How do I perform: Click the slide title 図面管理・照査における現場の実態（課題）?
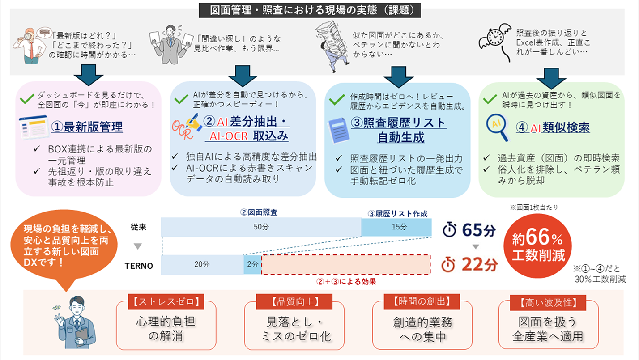point(310,10)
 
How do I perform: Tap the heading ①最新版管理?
point(87,127)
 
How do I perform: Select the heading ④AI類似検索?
point(553,127)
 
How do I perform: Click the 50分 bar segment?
point(261,227)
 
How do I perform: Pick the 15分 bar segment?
point(396,227)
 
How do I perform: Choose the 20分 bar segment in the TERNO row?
point(202,264)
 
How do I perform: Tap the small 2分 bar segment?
point(252,264)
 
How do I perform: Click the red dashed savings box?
point(346,264)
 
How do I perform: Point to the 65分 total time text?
point(479,230)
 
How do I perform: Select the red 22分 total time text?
point(480,264)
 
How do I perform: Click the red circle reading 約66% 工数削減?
point(538,246)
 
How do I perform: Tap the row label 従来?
point(138,227)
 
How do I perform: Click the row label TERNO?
point(139,266)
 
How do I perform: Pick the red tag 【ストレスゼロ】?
point(166,301)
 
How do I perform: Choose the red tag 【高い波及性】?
point(548,303)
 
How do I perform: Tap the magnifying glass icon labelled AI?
point(497,127)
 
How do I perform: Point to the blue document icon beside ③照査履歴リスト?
point(339,131)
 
